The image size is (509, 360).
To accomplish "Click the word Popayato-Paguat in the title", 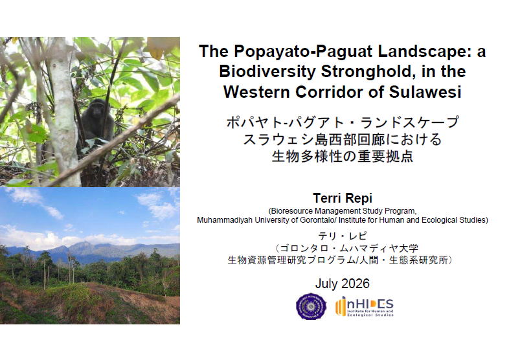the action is click(x=304, y=52).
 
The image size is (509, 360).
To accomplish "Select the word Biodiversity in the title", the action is click(x=267, y=72).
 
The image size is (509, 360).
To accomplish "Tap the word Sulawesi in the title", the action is click(x=425, y=92).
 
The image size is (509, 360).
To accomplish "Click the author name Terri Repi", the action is click(x=343, y=198).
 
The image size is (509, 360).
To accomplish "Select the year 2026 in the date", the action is click(x=355, y=284).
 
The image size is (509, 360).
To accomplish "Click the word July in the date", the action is click(x=326, y=284).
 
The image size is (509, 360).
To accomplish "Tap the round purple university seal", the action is click(x=311, y=306).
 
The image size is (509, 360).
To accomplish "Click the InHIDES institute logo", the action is click(x=364, y=306).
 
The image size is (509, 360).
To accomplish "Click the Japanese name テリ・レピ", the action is click(x=343, y=236).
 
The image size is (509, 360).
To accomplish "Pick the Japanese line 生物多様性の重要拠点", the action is click(x=343, y=156).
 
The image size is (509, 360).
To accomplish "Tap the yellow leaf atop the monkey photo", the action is click(x=159, y=47).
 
